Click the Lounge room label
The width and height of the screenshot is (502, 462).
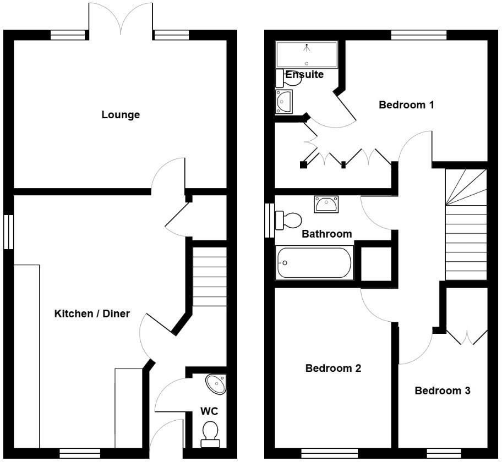[x=121, y=115]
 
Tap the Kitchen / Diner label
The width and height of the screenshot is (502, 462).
[x=92, y=313]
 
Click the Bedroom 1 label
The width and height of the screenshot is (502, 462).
[x=406, y=105]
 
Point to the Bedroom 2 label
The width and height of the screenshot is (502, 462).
[x=333, y=368]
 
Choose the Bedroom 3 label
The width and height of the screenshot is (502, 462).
[x=442, y=391]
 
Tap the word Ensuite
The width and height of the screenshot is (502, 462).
[x=304, y=74]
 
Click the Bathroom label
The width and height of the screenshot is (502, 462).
[x=326, y=234]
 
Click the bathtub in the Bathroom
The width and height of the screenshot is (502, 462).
[x=314, y=263]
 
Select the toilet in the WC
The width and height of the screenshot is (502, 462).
[x=210, y=433]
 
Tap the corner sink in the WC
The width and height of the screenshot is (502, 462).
[x=216, y=384]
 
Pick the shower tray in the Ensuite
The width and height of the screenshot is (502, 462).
[x=306, y=54]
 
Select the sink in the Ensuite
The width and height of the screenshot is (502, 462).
[x=284, y=101]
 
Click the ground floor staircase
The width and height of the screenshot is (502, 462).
[x=209, y=276]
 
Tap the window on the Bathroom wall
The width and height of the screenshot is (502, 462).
[x=269, y=221]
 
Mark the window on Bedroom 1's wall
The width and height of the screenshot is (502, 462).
[x=418, y=35]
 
